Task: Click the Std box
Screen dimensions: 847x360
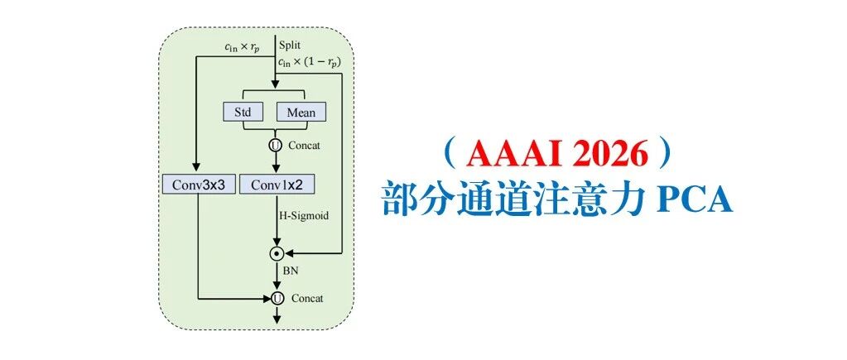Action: (x=243, y=112)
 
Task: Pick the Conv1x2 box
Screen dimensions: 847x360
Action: (x=277, y=184)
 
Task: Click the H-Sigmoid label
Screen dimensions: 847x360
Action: (x=302, y=216)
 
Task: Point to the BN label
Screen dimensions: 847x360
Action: (x=291, y=270)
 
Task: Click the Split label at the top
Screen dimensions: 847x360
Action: (x=291, y=45)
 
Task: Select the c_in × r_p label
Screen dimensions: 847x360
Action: (x=242, y=47)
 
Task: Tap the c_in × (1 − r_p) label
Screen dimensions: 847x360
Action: (x=310, y=62)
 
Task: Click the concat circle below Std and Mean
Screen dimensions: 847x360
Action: (x=277, y=145)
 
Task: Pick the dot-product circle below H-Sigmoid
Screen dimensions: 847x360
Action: (x=277, y=252)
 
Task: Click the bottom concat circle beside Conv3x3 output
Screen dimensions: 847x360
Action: (x=277, y=297)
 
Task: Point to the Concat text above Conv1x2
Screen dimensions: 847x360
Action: (x=304, y=146)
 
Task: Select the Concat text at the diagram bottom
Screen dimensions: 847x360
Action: (x=306, y=298)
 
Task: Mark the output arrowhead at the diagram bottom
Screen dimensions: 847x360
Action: (x=277, y=315)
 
